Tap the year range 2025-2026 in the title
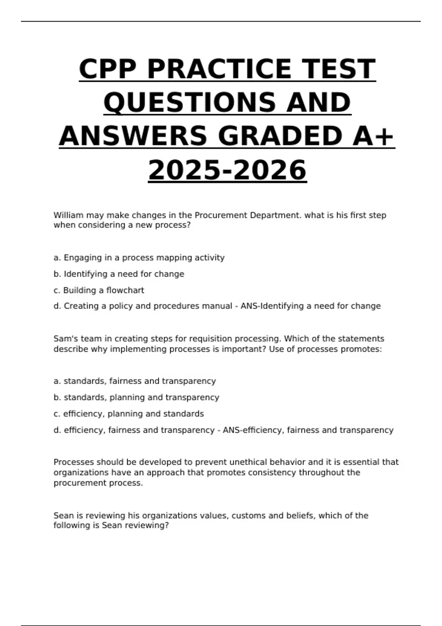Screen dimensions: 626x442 (x=227, y=170)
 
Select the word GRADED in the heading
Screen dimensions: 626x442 (x=279, y=136)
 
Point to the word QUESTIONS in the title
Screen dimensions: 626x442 (x=189, y=102)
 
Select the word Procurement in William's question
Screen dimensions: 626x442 (x=221, y=215)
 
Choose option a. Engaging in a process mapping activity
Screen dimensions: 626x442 (x=139, y=258)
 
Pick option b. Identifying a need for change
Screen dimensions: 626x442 (x=119, y=274)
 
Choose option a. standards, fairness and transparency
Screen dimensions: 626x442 (x=134, y=381)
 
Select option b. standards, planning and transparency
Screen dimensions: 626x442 (x=136, y=397)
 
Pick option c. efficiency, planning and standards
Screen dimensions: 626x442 (x=129, y=414)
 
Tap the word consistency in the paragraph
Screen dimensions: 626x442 (x=272, y=472)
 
